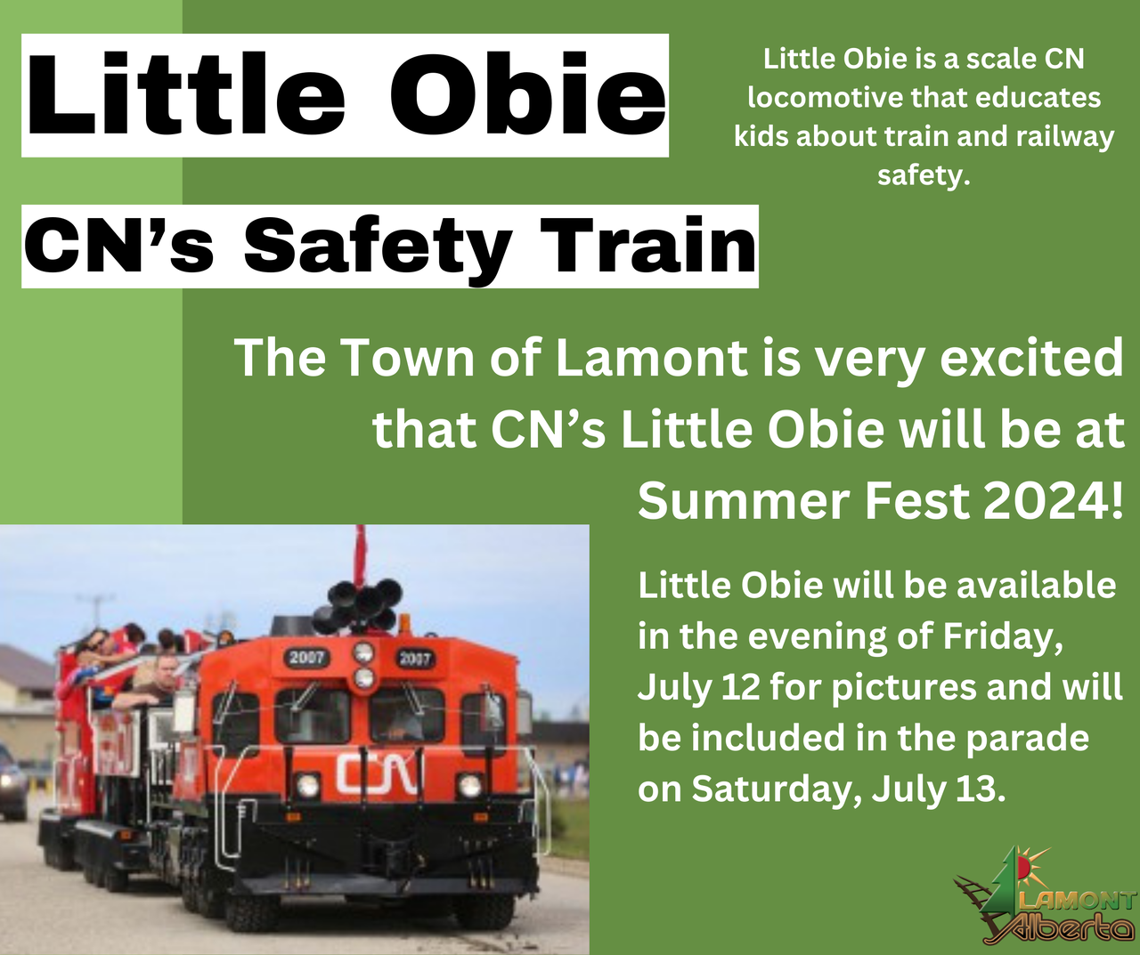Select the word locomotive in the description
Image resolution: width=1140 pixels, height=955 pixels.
(826, 98)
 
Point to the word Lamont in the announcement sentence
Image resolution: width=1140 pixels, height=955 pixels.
(651, 358)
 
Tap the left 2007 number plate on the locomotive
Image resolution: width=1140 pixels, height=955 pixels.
(307, 658)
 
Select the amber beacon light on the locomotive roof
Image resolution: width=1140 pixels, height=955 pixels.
(404, 625)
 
